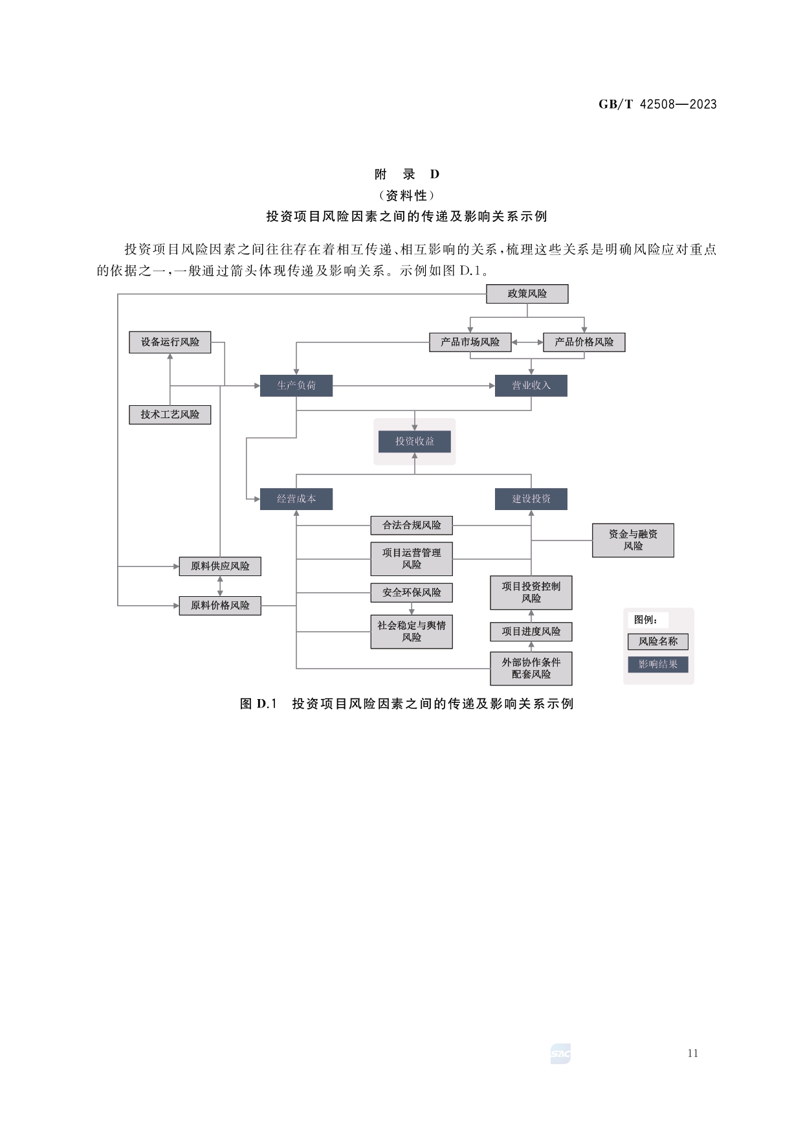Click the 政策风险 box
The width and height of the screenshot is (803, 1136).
pos(527,294)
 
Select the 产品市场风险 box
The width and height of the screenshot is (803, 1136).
pos(470,342)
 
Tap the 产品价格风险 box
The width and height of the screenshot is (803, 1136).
pos(584,342)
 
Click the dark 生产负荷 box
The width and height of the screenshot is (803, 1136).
pos(296,386)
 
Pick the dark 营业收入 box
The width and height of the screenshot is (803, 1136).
pos(531,386)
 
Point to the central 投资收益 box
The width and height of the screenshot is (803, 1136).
pos(415,441)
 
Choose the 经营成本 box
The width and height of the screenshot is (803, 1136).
pos(296,499)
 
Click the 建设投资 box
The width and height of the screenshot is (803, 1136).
pos(531,499)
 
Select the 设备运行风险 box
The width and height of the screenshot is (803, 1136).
pos(170,342)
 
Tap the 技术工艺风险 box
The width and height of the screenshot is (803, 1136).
pos(170,414)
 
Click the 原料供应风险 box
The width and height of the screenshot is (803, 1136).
pos(220,566)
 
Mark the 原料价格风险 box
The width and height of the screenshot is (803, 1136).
pos(220,605)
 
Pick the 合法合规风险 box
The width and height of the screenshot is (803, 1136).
pos(412,525)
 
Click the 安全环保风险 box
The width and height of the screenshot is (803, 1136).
pos(412,592)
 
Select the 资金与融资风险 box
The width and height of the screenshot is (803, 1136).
pos(633,540)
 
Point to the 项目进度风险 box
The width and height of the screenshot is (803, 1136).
pos(531,631)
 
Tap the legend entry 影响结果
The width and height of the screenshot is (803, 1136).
pos(657,664)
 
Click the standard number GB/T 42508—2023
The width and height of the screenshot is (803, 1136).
pos(657,104)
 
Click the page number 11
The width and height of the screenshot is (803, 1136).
pos(693,1053)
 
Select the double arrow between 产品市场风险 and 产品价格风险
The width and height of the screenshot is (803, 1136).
pos(527,342)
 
